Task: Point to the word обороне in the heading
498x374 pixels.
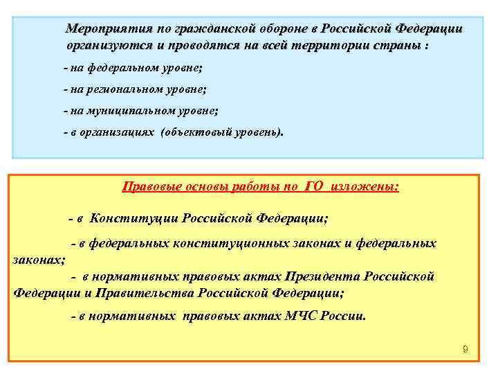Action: point(283,28)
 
